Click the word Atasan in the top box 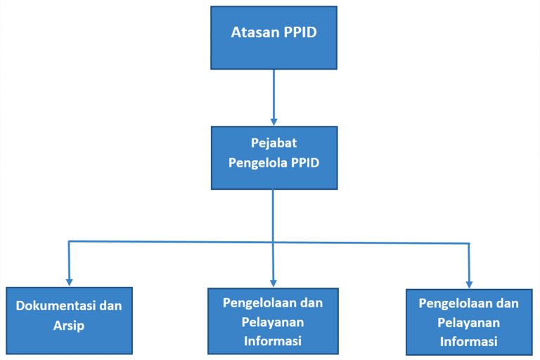click(255, 32)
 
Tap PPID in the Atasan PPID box click(300, 32)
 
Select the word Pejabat click(274, 143)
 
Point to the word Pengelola click(257, 162)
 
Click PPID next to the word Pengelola click(305, 162)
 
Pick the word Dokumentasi click(56, 306)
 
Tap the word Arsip click(69, 326)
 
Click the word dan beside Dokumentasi click(110, 306)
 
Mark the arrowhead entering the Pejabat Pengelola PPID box click(274, 122)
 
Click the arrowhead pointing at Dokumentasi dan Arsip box click(69, 282)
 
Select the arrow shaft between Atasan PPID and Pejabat click(274, 94)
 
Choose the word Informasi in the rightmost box click(469, 342)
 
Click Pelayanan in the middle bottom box click(273, 323)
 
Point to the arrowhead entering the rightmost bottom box click(469, 284)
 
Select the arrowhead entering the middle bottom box click(273, 283)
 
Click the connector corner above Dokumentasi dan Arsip click(69, 241)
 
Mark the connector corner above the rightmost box click(469, 243)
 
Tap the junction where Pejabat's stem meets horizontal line click(273, 242)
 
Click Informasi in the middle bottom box click(273, 341)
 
